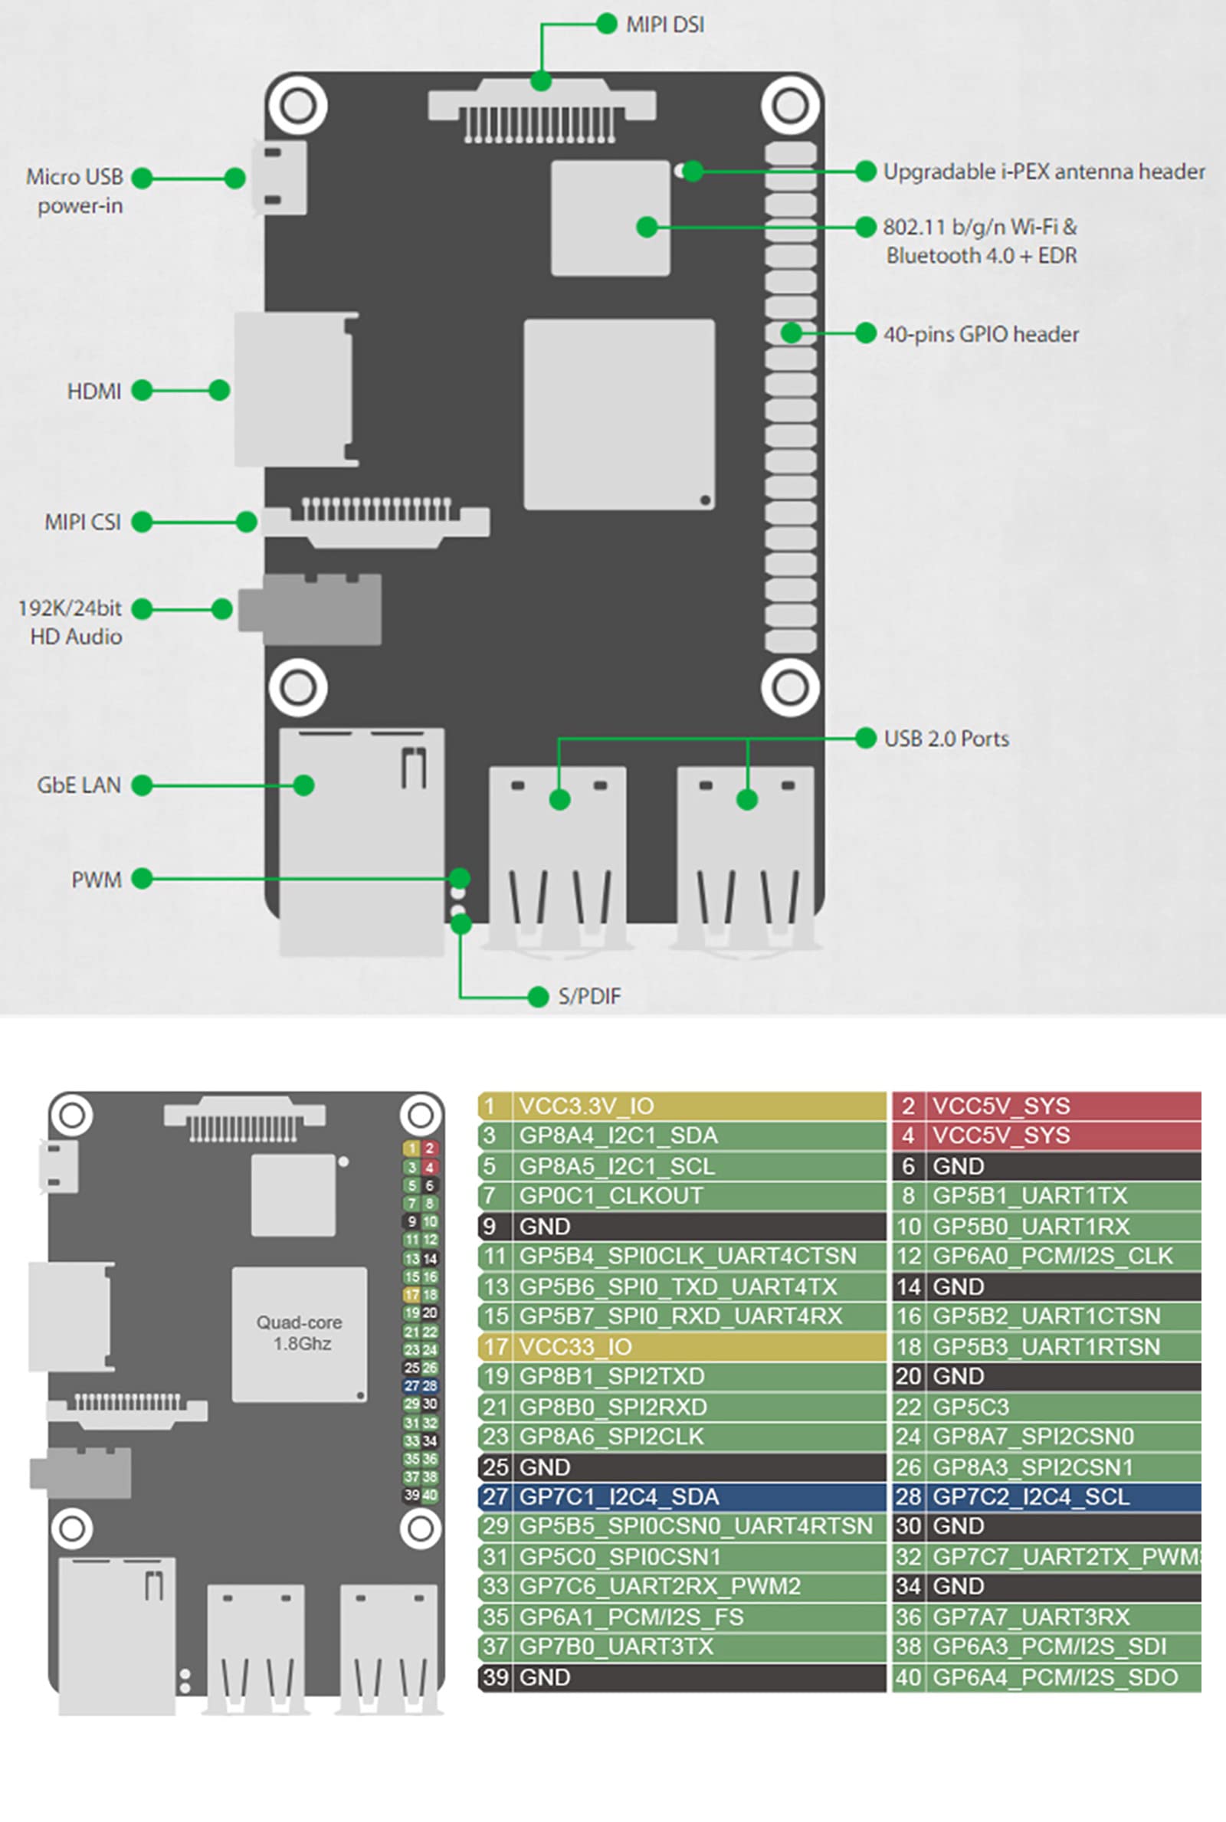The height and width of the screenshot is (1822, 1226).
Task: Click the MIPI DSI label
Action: [x=664, y=25]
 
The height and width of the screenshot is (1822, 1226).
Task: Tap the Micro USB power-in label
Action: [x=75, y=191]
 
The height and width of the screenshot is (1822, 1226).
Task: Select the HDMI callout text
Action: [x=94, y=391]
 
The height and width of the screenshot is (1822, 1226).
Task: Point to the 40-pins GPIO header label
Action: [x=981, y=335]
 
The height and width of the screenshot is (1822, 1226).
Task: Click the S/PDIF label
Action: [x=589, y=997]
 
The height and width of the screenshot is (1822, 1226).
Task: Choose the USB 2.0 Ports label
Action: [x=946, y=739]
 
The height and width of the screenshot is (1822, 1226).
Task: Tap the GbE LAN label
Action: [x=79, y=785]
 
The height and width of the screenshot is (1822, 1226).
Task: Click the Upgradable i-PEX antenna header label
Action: [x=1044, y=171]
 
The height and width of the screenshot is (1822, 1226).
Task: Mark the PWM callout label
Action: [x=97, y=880]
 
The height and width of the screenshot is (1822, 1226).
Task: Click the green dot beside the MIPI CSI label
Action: [x=142, y=522]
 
